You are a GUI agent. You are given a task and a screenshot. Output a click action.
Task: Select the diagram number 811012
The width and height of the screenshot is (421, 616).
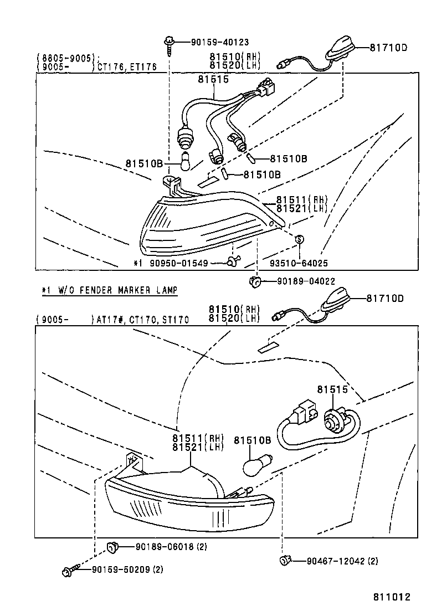(391, 597)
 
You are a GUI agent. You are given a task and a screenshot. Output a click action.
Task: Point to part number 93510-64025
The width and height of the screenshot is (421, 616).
(299, 263)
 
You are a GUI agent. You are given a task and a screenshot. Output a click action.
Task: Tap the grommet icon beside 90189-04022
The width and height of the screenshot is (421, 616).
(255, 281)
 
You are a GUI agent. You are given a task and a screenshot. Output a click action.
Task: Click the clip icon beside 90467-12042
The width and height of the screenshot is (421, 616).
(286, 561)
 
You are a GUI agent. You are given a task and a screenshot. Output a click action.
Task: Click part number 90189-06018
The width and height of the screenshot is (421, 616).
(163, 547)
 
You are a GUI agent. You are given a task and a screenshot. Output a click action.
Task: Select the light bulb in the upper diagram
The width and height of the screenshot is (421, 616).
(187, 161)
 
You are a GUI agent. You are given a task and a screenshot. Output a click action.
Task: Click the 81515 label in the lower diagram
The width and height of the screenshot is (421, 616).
(332, 389)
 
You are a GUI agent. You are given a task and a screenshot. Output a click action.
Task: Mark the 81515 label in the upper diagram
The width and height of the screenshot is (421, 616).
(213, 80)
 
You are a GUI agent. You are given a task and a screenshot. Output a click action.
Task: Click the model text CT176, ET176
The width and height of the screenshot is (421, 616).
(127, 67)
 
